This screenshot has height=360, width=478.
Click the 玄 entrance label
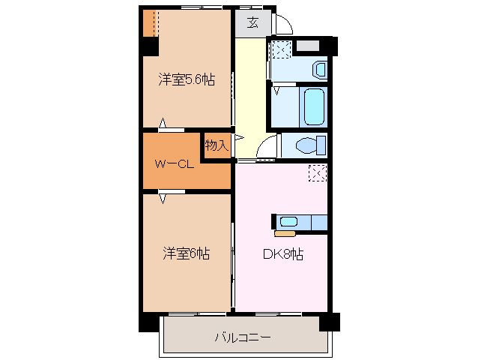tap(252, 22)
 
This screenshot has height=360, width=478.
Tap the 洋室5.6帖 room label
tap(187, 79)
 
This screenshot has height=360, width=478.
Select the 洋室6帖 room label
tap(187, 253)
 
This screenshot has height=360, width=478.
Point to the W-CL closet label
tap(175, 163)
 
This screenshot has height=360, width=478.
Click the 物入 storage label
tap(217, 145)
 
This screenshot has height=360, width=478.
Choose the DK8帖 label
tap(282, 253)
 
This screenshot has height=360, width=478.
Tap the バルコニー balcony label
tap(242, 337)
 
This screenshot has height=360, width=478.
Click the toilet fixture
tap(309, 144)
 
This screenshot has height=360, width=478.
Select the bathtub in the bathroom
tap(314, 107)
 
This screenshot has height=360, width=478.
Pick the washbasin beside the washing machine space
tap(319, 70)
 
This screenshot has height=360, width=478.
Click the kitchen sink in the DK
tap(289, 222)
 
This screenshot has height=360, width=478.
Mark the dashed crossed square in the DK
tap(317, 173)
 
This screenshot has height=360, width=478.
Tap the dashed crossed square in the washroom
tap(282, 50)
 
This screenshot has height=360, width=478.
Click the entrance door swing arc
tap(282, 25)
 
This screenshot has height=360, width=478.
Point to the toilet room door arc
tap(267, 149)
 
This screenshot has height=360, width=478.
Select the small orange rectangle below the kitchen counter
tap(285, 233)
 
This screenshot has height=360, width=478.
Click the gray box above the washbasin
tap(308, 46)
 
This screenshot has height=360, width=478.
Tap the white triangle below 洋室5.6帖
tap(162, 123)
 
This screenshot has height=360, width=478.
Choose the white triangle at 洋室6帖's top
tap(162, 199)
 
